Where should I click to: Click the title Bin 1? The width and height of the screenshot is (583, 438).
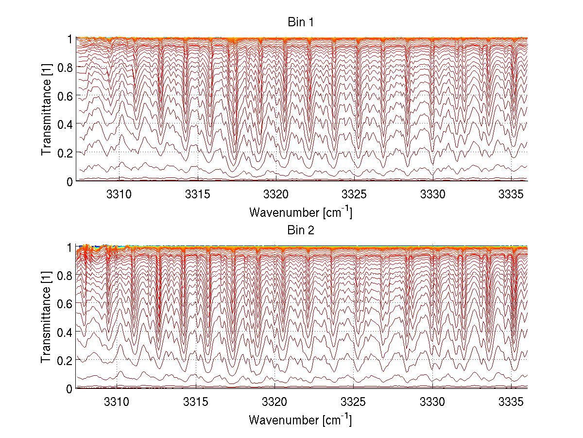coord(301,23)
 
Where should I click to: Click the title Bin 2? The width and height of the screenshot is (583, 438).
coord(301,230)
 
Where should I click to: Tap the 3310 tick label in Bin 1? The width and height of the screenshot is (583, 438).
coord(119,193)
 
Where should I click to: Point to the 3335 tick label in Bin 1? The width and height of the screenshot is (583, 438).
coord(511,193)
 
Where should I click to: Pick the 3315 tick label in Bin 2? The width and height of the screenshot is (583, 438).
coord(196,402)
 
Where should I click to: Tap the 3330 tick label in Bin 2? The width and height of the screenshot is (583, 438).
coord(432,402)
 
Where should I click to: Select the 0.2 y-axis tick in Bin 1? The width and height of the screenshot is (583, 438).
coord(66,152)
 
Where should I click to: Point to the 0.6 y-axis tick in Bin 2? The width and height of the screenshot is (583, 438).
coord(66,303)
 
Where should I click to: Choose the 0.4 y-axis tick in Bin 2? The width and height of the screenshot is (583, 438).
coord(66,332)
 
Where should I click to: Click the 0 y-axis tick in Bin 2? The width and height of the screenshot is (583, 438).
coord(69,388)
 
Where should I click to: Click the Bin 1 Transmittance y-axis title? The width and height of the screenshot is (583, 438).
coord(47,109)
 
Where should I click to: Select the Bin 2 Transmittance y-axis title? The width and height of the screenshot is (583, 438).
coord(47,317)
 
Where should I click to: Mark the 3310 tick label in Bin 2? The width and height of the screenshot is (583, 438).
coord(117,402)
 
